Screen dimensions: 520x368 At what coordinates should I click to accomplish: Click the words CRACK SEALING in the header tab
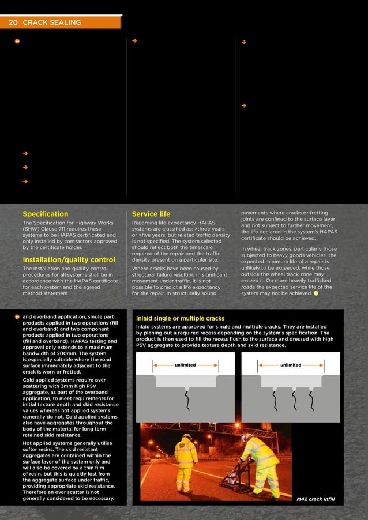click(x=52, y=22)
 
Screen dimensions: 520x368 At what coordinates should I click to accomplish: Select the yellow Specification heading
click(x=45, y=213)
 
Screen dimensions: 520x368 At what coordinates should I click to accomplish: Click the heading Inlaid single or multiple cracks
click(x=180, y=318)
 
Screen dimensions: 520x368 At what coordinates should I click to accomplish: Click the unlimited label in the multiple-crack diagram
click(x=290, y=365)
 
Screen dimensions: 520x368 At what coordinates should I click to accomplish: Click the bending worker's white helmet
click(x=246, y=438)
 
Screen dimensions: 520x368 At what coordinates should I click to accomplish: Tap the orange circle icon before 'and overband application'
click(x=17, y=317)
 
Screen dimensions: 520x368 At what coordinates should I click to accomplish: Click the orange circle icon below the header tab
click(x=17, y=41)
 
